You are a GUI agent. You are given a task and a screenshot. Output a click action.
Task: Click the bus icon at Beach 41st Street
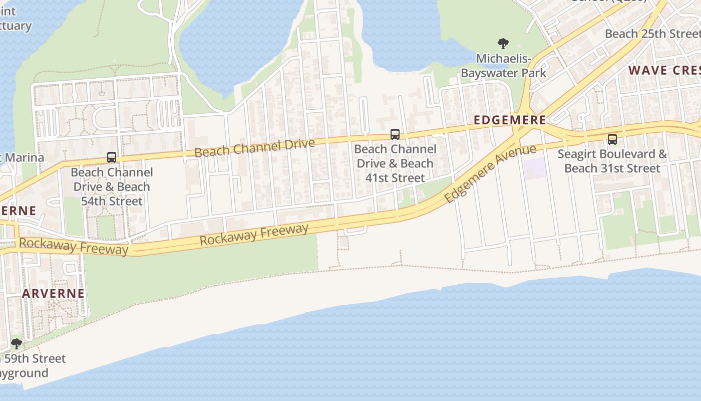[x=395, y=134]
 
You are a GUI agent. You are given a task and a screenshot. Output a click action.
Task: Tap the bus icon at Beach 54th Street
[x=112, y=157]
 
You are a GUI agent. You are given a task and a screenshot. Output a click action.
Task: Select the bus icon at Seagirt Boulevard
[x=612, y=139]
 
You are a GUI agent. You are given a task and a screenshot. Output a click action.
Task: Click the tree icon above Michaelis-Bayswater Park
[x=503, y=44]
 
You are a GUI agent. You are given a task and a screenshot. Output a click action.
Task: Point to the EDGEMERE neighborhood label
[x=510, y=120]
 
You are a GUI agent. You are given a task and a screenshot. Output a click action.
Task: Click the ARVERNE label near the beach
[x=53, y=293]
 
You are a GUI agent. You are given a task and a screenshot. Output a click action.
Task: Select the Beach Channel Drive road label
[x=255, y=147]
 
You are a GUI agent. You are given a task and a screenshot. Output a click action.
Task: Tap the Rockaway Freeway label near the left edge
[x=74, y=246]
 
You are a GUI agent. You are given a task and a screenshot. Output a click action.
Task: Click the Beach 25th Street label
[x=652, y=34]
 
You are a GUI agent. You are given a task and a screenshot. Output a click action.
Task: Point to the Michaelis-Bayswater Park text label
[x=503, y=66]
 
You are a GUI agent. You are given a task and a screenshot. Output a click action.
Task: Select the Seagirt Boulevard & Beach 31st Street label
[x=612, y=161]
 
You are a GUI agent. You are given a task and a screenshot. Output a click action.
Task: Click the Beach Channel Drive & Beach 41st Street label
[x=395, y=163]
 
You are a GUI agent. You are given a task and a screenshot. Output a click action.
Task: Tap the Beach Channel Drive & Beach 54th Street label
[x=112, y=186]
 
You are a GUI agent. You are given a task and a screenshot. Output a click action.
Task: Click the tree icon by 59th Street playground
[x=17, y=344]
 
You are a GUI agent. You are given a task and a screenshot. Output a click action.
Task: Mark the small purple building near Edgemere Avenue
[x=534, y=168]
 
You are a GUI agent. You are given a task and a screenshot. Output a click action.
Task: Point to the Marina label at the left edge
[x=23, y=158]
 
